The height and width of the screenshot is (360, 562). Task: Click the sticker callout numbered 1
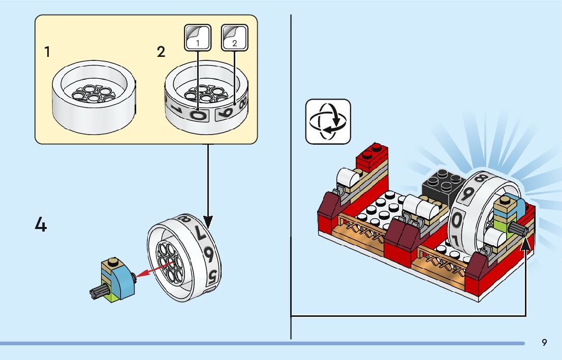(x=198, y=38)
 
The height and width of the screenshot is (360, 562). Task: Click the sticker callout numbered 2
(x=235, y=38)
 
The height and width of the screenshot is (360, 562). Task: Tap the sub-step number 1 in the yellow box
(x=47, y=52)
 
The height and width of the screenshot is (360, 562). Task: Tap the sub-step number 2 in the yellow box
(x=161, y=52)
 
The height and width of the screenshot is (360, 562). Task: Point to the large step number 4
(x=41, y=225)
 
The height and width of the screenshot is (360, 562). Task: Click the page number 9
(x=544, y=343)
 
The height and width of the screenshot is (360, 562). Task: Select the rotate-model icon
(x=328, y=122)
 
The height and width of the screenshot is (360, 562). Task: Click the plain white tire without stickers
(x=94, y=97)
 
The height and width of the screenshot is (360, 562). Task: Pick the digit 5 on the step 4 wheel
(x=212, y=276)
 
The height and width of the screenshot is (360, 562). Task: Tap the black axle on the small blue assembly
(x=99, y=292)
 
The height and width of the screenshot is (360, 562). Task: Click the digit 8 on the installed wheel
(x=480, y=177)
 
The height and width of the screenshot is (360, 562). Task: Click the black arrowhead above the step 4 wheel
(x=208, y=222)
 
